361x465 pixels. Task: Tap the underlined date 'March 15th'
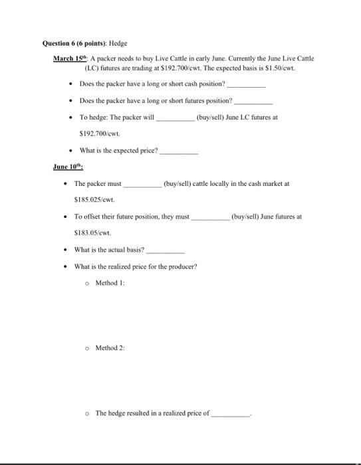(x=70, y=58)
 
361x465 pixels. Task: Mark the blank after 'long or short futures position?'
(x=253, y=101)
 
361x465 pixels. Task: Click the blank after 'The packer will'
(x=175, y=118)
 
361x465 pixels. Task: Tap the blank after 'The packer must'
(x=142, y=183)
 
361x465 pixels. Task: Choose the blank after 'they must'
(x=210, y=216)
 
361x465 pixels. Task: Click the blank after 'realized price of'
(x=229, y=413)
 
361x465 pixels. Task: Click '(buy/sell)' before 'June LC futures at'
(x=213, y=117)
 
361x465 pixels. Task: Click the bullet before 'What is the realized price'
(x=64, y=266)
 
